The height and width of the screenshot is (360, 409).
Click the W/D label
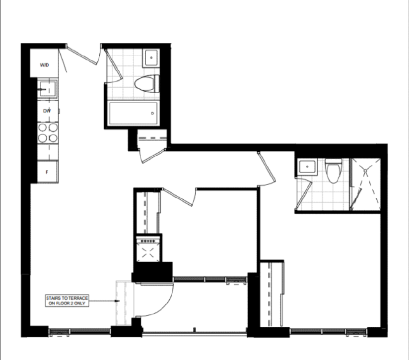pyautogui.click(x=44, y=65)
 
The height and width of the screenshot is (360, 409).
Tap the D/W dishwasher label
pyautogui.click(x=47, y=111)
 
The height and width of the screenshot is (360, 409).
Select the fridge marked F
pyautogui.click(x=47, y=172)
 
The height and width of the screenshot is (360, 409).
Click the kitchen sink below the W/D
pyautogui.click(x=47, y=89)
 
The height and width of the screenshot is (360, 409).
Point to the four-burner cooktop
pyautogui.click(x=48, y=133)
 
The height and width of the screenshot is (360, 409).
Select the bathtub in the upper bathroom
pyautogui.click(x=133, y=114)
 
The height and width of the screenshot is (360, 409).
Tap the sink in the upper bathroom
pyautogui.click(x=150, y=58)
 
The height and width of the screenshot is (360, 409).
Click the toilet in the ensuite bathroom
pyautogui.click(x=333, y=171)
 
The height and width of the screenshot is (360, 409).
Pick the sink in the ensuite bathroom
pyautogui.click(x=307, y=167)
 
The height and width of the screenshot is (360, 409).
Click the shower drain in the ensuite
pyautogui.click(x=365, y=171)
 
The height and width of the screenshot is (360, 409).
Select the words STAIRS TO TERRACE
pyautogui.click(x=67, y=298)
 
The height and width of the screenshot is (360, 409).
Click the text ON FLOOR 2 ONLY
pyautogui.click(x=67, y=303)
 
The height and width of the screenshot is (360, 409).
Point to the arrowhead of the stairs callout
pyautogui.click(x=118, y=301)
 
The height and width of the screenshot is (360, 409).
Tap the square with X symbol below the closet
pyautogui.click(x=148, y=252)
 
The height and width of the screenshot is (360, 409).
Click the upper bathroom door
pyautogui.click(x=114, y=65)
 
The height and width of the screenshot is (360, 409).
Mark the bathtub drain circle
pyautogui.click(x=152, y=114)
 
